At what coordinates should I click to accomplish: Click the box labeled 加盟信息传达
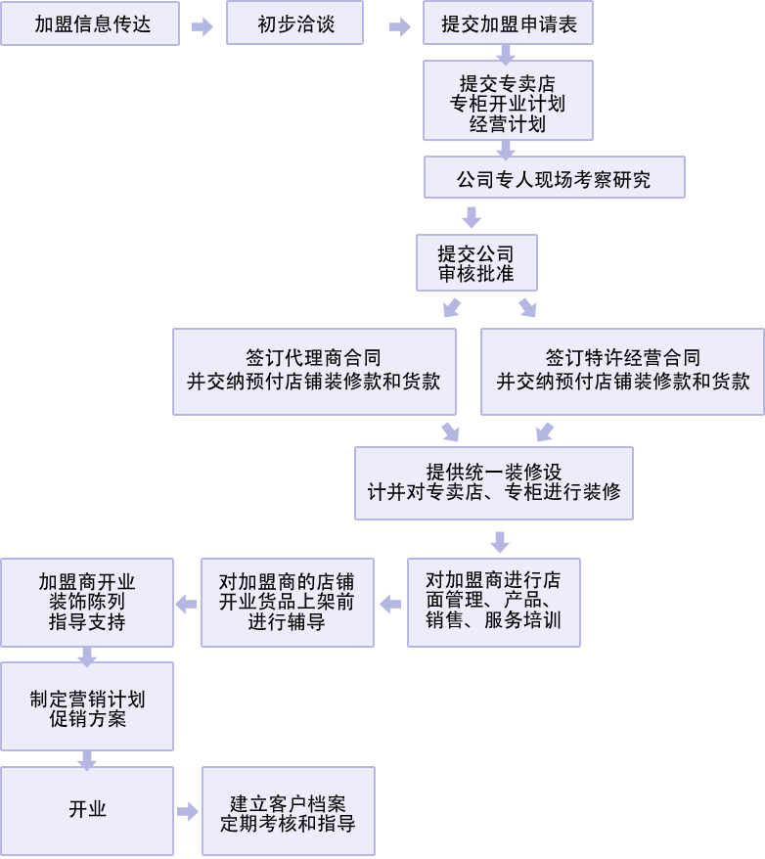click(90, 23)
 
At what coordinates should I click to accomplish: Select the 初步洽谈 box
click(295, 23)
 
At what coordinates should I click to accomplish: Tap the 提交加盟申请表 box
click(508, 23)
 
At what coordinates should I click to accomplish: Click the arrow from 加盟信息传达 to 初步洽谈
click(202, 27)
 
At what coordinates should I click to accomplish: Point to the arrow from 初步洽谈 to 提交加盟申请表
click(399, 27)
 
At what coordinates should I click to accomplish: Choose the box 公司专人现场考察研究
click(554, 179)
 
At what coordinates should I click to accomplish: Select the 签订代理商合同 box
click(314, 371)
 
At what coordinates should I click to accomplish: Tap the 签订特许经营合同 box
click(622, 371)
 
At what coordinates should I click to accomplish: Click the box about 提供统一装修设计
click(494, 482)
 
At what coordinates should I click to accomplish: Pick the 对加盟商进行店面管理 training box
click(493, 602)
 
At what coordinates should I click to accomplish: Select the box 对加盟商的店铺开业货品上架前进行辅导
click(287, 602)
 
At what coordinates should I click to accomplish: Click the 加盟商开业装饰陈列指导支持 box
click(87, 602)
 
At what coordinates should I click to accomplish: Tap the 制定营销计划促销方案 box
click(87, 706)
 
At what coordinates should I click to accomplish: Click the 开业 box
click(87, 809)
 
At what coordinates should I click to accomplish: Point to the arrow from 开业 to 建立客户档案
click(187, 811)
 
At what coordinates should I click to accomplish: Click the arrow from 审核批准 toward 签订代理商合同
click(451, 308)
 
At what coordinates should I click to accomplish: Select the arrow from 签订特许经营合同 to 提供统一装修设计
click(545, 431)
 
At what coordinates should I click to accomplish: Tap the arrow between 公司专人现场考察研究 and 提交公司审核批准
click(472, 216)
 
